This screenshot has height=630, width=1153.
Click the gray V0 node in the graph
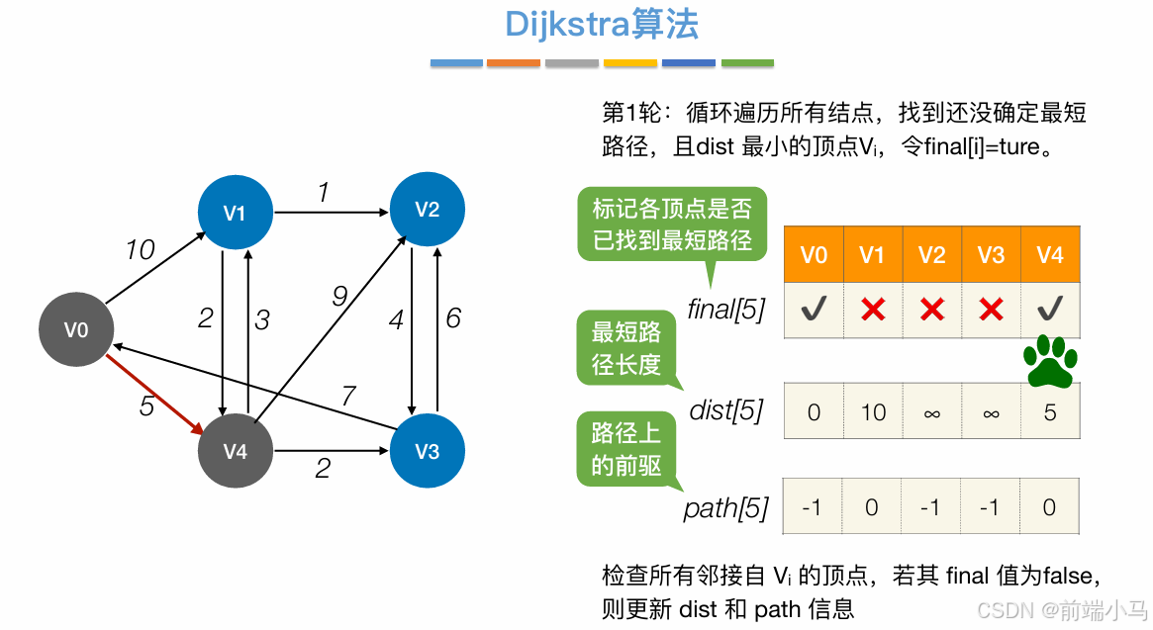76,329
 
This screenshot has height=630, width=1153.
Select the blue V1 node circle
235,212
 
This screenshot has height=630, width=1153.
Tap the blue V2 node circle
427,209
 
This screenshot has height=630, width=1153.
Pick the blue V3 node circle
427,451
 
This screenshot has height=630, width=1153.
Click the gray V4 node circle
235,451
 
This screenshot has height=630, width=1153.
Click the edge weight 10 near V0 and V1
140,250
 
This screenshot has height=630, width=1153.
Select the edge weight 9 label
339,295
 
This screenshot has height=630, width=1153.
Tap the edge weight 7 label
347,397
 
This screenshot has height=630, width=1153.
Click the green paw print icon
1050,361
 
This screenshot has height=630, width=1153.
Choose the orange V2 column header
931,255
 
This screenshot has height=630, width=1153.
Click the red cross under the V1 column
872,310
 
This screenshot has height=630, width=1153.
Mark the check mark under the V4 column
1050,310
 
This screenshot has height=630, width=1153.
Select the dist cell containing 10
872,411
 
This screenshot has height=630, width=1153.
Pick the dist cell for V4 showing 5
1050,411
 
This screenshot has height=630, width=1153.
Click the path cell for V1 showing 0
872,507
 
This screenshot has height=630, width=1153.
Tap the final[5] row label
725,310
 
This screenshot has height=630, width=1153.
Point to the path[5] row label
725,508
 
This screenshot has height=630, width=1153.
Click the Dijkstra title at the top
602,24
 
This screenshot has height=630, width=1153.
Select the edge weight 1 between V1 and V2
323,193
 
